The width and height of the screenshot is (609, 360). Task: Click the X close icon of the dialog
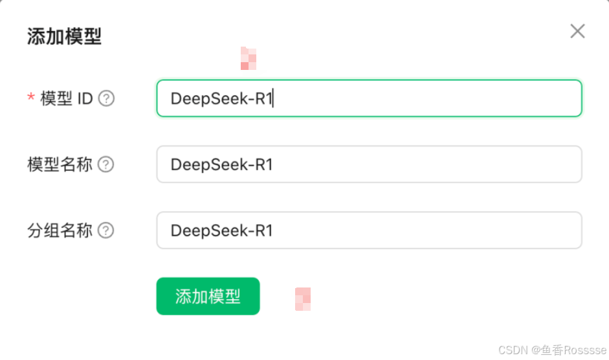point(577,31)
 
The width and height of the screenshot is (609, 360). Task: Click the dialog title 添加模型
point(64,36)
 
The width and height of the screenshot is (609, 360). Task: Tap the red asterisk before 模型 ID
point(30,98)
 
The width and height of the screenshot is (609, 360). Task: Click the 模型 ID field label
point(67,98)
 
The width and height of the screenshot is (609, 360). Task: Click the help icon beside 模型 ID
point(106,98)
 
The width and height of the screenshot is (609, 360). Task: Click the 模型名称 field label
point(60,164)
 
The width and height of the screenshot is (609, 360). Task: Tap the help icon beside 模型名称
point(105,164)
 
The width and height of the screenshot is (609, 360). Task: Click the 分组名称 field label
point(60,231)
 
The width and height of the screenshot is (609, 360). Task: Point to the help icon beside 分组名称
point(105,231)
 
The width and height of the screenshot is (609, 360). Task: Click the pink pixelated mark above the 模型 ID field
point(248,58)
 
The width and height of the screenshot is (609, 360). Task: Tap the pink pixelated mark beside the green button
point(303,298)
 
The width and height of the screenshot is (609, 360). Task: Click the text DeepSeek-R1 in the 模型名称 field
point(221,164)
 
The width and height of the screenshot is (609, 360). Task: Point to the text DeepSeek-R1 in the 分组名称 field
point(221,231)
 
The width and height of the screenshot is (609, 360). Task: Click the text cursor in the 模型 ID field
point(274,98)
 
